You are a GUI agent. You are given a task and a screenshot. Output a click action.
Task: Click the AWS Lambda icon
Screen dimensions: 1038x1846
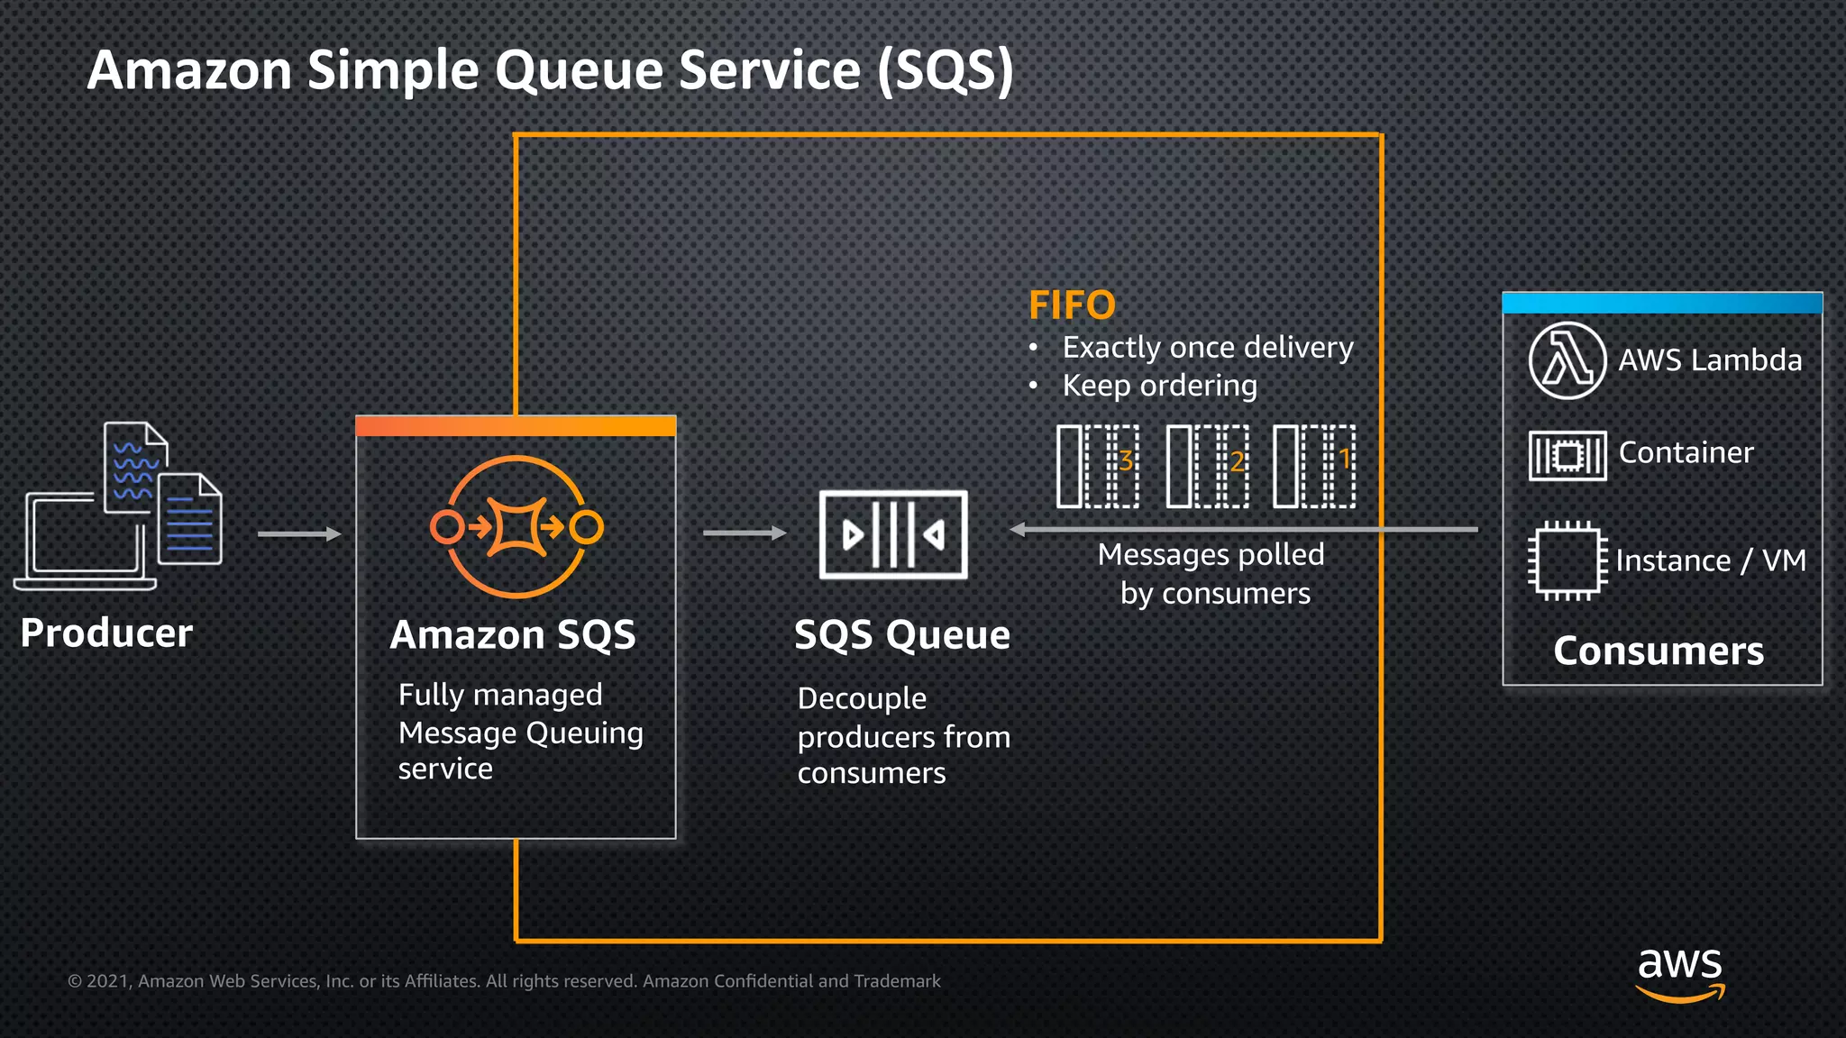coord(1567,360)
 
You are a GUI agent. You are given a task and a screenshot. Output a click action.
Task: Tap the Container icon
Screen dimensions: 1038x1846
coord(1567,455)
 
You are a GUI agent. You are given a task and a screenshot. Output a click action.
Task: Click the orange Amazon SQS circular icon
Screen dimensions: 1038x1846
coord(516,527)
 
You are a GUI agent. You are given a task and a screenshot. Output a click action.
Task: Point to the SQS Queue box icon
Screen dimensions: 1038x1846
coord(892,534)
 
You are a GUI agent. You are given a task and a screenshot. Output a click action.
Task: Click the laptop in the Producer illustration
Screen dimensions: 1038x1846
coord(86,541)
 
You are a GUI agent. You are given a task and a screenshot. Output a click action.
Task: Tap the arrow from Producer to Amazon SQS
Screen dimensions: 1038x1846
coord(299,534)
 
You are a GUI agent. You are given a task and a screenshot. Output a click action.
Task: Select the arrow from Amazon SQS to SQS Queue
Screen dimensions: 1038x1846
coord(745,533)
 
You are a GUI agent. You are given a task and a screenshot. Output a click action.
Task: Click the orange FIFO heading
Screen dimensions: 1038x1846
coord(1072,305)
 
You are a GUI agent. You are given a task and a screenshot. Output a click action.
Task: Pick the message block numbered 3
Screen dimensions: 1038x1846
coord(1098,466)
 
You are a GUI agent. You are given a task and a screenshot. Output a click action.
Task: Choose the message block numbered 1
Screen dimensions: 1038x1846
coord(1314,466)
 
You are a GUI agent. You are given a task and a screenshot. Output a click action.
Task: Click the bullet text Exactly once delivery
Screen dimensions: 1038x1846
coord(1208,348)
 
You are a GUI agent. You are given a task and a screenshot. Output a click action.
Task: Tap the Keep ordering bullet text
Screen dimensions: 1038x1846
coord(1159,386)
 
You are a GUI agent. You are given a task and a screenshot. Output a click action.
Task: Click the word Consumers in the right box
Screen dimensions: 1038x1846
coord(1659,651)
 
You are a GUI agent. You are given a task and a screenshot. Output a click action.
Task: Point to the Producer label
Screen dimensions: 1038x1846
coord(106,633)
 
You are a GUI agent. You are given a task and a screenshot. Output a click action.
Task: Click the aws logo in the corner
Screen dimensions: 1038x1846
coord(1679,973)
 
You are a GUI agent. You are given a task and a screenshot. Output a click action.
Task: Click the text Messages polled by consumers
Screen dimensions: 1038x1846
coord(1211,574)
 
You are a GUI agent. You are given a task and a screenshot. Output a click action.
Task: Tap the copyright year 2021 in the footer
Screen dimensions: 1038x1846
coord(109,981)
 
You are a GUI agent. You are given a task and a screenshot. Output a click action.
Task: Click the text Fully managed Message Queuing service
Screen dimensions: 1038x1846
coord(520,732)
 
